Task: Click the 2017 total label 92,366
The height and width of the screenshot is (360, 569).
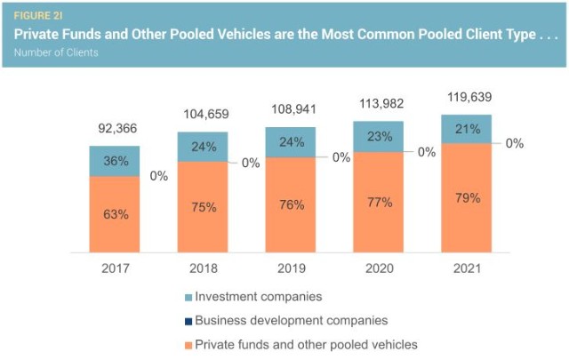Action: tap(115, 129)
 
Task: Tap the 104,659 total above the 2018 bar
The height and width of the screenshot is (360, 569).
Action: tap(202, 115)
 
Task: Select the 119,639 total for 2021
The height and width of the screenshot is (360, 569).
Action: tap(466, 97)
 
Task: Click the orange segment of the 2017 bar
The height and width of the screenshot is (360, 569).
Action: tap(115, 214)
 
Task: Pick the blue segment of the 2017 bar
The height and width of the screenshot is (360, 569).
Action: tap(115, 161)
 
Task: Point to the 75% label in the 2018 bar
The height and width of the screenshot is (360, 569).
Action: tap(203, 207)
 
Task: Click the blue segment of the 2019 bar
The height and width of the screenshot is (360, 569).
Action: tap(290, 142)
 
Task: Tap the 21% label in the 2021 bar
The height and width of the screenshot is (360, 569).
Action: tap(466, 128)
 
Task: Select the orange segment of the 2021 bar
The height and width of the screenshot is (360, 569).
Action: tap(466, 197)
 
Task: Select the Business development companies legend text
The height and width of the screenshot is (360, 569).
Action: tap(291, 320)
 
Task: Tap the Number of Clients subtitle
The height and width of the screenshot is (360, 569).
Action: tap(55, 52)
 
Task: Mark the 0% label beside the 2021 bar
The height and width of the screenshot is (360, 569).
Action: tap(514, 143)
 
